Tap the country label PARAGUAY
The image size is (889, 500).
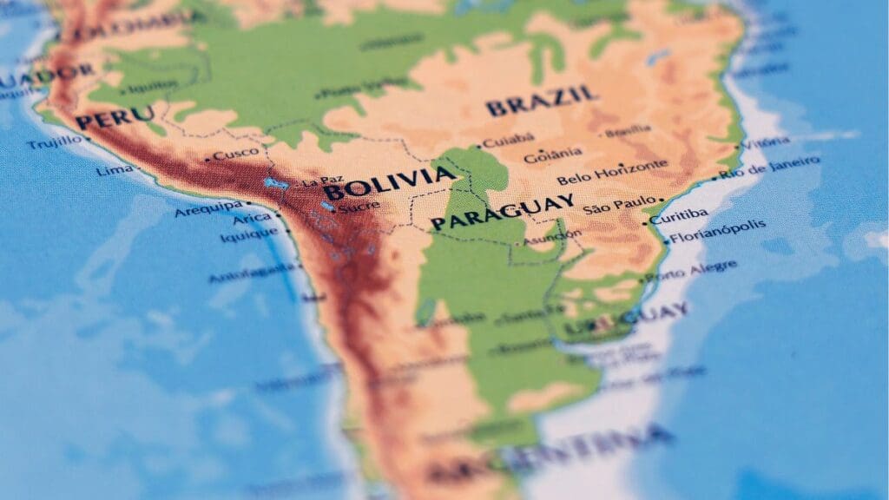click(503, 212)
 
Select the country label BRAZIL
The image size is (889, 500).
click(542, 101)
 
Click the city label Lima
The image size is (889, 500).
click(115, 170)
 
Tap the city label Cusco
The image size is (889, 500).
click(235, 155)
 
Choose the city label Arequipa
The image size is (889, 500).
click(208, 208)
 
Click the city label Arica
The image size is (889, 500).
click(252, 217)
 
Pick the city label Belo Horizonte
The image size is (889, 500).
click(612, 171)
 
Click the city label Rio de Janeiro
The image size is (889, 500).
click(768, 167)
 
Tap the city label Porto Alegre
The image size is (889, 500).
click(690, 271)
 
